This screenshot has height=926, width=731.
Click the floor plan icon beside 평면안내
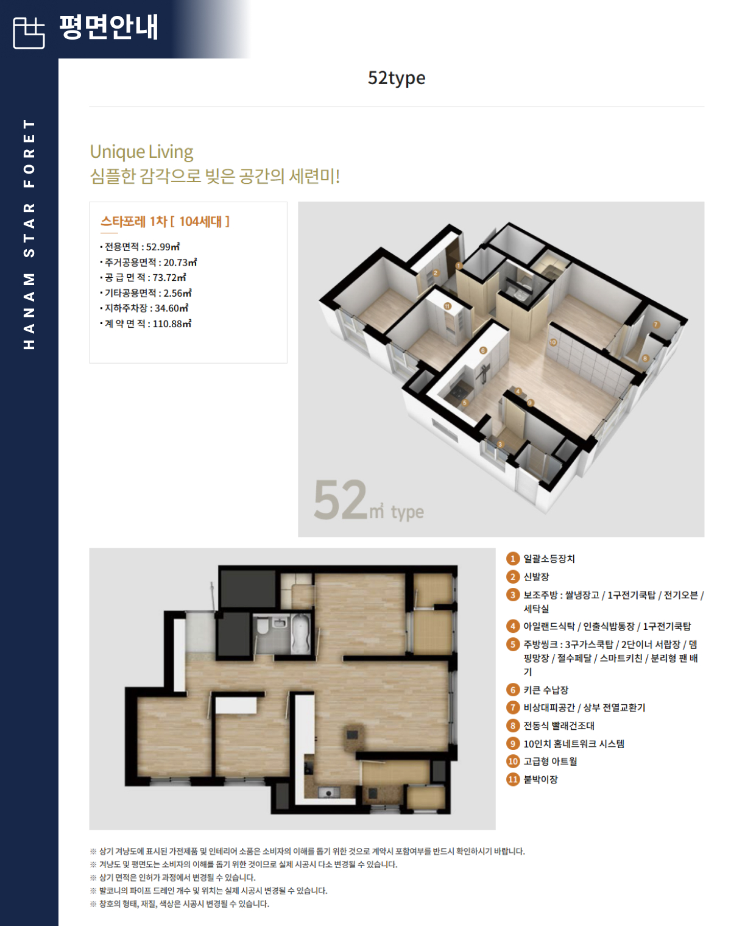click(x=29, y=33)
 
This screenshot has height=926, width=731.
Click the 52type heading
click(x=397, y=79)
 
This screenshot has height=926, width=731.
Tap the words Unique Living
click(x=141, y=152)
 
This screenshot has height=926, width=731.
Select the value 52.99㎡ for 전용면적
click(x=163, y=247)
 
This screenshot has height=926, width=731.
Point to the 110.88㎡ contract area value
click(x=172, y=323)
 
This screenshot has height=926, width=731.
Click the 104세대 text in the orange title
click(x=200, y=222)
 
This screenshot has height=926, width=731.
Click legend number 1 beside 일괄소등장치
click(x=512, y=559)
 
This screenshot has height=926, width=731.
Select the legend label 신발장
click(x=536, y=577)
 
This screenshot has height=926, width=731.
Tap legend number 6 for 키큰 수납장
click(x=512, y=690)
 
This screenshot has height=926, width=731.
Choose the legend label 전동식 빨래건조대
click(x=559, y=726)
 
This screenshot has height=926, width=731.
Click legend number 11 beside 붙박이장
click(x=512, y=779)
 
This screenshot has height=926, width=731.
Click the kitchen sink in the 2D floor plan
click(x=329, y=793)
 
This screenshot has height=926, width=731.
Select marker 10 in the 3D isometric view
click(x=553, y=342)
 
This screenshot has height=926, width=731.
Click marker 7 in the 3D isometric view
click(x=656, y=325)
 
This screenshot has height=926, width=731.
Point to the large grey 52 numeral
click(x=341, y=500)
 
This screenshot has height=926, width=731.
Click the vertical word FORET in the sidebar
click(x=29, y=153)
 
